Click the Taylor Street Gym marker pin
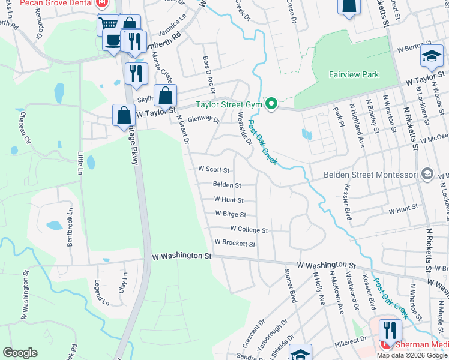click(x=271, y=104)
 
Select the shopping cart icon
click(x=109, y=25)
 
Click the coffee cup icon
click(x=113, y=41)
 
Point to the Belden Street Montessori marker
click(x=427, y=174)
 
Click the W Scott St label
click(x=214, y=170)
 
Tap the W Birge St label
click(x=230, y=214)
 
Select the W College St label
click(x=248, y=229)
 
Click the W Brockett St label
click(x=235, y=244)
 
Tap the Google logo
click(x=20, y=353)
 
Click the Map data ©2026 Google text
click(x=412, y=355)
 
